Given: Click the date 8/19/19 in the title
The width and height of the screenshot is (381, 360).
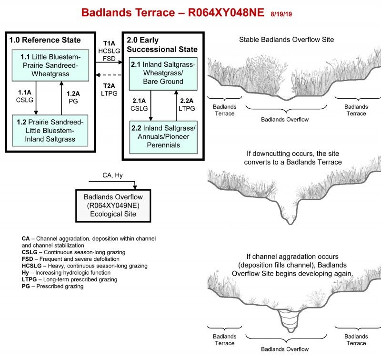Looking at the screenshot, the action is (281, 14).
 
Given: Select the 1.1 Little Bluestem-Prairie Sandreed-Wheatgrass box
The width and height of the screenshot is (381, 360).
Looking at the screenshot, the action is (50, 65).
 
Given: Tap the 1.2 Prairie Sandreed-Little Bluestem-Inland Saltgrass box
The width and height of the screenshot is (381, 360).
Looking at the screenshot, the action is (50, 131).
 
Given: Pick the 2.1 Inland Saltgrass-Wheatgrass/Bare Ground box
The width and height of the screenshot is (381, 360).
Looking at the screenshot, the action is (163, 74).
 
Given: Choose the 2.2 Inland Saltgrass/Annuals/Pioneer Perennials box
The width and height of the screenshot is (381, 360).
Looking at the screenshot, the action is (163, 137).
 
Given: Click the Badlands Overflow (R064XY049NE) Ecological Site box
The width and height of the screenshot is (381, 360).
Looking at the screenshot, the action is (113, 206).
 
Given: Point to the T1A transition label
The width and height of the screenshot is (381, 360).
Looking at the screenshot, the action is (109, 43).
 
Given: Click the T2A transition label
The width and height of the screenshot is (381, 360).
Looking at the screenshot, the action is (109, 86).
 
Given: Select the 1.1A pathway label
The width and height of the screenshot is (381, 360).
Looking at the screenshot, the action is (25, 93).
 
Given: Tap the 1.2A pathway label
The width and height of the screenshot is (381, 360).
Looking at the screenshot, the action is (73, 93).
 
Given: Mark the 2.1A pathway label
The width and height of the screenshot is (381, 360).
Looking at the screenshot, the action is (139, 101).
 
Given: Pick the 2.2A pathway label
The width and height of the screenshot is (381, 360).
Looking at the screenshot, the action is (187, 101).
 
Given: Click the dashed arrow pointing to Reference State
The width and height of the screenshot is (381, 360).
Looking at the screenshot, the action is (109, 75).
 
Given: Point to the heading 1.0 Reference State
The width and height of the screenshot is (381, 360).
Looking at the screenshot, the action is (45, 40).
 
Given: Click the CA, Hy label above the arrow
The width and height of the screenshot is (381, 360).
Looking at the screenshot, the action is (112, 175).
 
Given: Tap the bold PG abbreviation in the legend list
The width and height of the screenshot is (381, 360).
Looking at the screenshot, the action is (26, 286).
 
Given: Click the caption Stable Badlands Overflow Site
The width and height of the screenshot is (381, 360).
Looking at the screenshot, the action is (287, 40).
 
